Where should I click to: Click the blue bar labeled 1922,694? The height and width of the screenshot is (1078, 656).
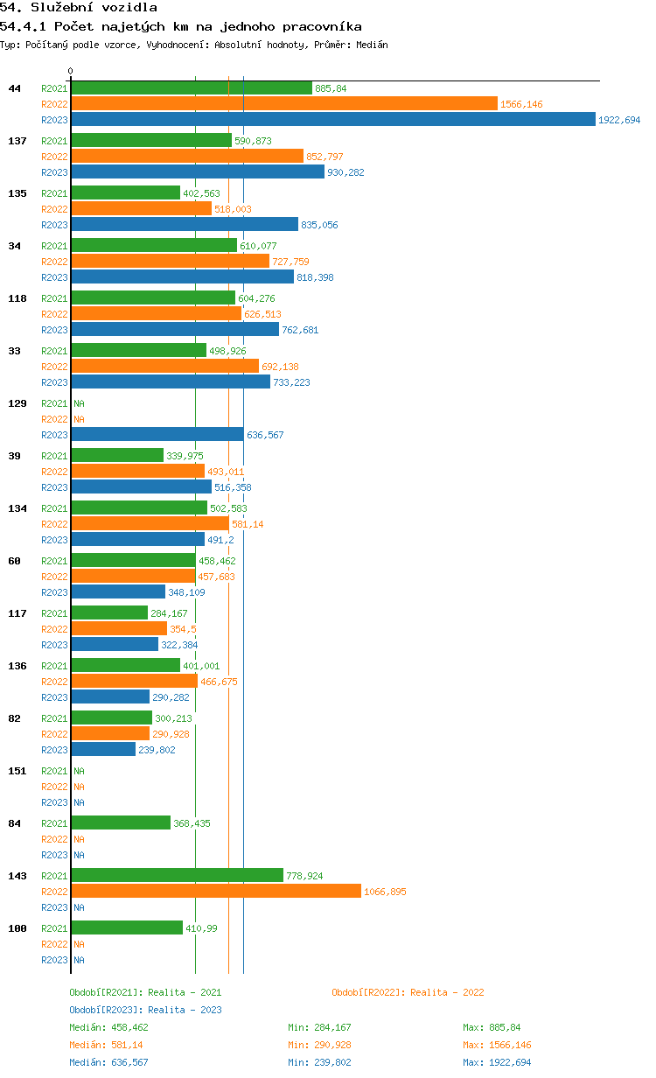tap(333, 119)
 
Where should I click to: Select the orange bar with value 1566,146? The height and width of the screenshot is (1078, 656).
tap(284, 103)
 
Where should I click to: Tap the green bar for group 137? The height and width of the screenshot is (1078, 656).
tap(151, 140)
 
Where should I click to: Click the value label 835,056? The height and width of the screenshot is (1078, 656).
tap(319, 225)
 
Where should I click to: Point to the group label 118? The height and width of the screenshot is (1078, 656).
tap(17, 298)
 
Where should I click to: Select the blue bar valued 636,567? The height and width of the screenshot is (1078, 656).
tap(157, 434)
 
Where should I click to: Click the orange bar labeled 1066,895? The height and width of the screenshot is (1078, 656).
tap(216, 891)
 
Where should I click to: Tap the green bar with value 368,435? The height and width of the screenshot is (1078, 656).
tap(121, 822)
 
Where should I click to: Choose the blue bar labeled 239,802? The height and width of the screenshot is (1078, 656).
tap(103, 749)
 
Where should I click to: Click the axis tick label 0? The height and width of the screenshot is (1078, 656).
tap(70, 71)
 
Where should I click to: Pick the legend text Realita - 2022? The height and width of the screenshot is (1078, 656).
tap(447, 992)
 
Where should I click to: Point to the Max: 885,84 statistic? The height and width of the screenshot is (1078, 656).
tap(492, 1027)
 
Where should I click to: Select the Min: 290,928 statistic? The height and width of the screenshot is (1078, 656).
tap(319, 1045)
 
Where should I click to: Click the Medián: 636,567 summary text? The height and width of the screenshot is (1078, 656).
tap(108, 1062)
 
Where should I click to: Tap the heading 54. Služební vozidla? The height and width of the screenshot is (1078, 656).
tap(79, 7)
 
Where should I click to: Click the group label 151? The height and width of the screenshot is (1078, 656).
tap(17, 771)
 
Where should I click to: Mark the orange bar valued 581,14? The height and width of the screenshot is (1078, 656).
tap(150, 523)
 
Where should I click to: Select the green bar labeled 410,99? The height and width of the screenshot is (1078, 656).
tap(127, 927)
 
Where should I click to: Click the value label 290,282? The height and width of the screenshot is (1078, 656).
tap(171, 697)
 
